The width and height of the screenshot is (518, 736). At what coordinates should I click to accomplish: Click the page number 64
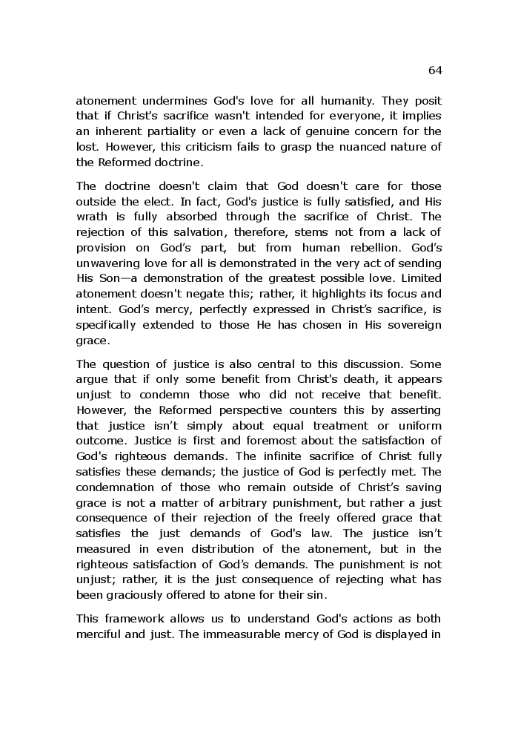point(435,70)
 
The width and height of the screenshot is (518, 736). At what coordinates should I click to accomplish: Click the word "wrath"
point(92,217)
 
